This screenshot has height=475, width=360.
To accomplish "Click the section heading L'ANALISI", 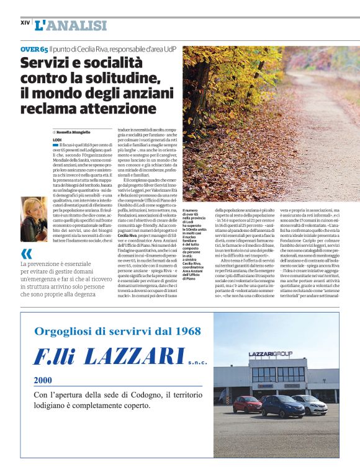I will pyautogui.click(x=71, y=25).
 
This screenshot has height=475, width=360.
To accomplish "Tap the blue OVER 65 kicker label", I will pyautogui.click(x=34, y=48).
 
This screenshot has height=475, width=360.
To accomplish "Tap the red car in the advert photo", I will pyautogui.click(x=247, y=404).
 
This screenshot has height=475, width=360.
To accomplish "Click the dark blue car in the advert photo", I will pyautogui.click(x=282, y=406).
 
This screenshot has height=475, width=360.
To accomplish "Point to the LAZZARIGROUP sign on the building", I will pyautogui.click(x=271, y=354).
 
